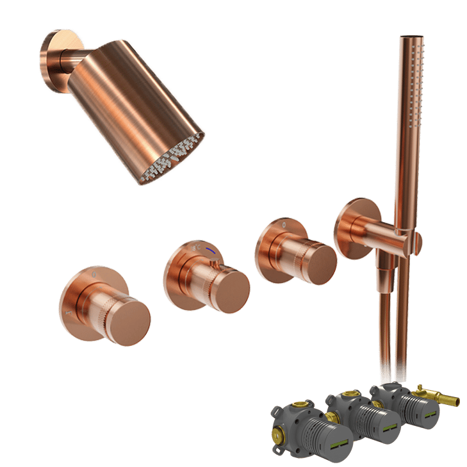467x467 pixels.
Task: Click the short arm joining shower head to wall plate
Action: click(70, 63)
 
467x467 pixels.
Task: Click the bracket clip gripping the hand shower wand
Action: click(415, 240)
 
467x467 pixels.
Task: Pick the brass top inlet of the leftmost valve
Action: click(300, 405)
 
